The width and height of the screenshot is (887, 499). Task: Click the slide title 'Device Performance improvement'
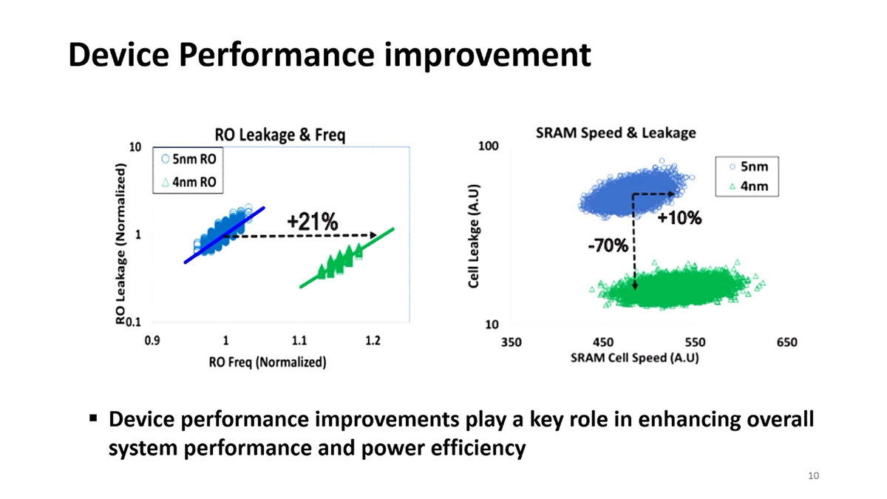[x=329, y=56]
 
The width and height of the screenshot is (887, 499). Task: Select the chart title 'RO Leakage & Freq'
[x=279, y=135]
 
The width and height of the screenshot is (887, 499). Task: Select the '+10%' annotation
[x=679, y=218]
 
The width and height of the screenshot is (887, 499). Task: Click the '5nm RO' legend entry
[x=194, y=159]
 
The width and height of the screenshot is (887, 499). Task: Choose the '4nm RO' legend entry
[x=194, y=182]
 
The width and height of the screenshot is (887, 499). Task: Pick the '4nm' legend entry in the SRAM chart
[x=753, y=186]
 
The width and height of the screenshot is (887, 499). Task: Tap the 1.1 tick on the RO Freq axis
[x=299, y=342]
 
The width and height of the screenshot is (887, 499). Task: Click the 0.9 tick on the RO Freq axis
[x=153, y=342]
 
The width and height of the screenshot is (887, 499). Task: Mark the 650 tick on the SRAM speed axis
[x=786, y=342]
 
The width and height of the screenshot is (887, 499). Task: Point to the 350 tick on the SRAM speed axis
[x=512, y=342]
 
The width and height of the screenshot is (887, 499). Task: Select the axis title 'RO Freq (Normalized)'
[x=268, y=362]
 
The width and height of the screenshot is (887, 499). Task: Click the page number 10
[x=814, y=475]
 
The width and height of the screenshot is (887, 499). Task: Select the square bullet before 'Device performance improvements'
[x=93, y=418]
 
